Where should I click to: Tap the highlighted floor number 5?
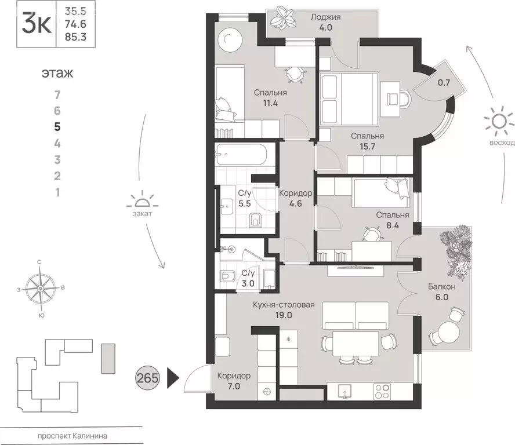click(57, 126)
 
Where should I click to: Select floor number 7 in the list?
click(57, 94)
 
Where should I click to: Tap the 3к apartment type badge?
click(35, 25)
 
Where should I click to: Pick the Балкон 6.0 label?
click(442, 291)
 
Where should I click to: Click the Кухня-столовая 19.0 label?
click(287, 310)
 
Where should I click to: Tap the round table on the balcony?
click(447, 334)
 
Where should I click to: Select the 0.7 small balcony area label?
click(444, 82)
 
